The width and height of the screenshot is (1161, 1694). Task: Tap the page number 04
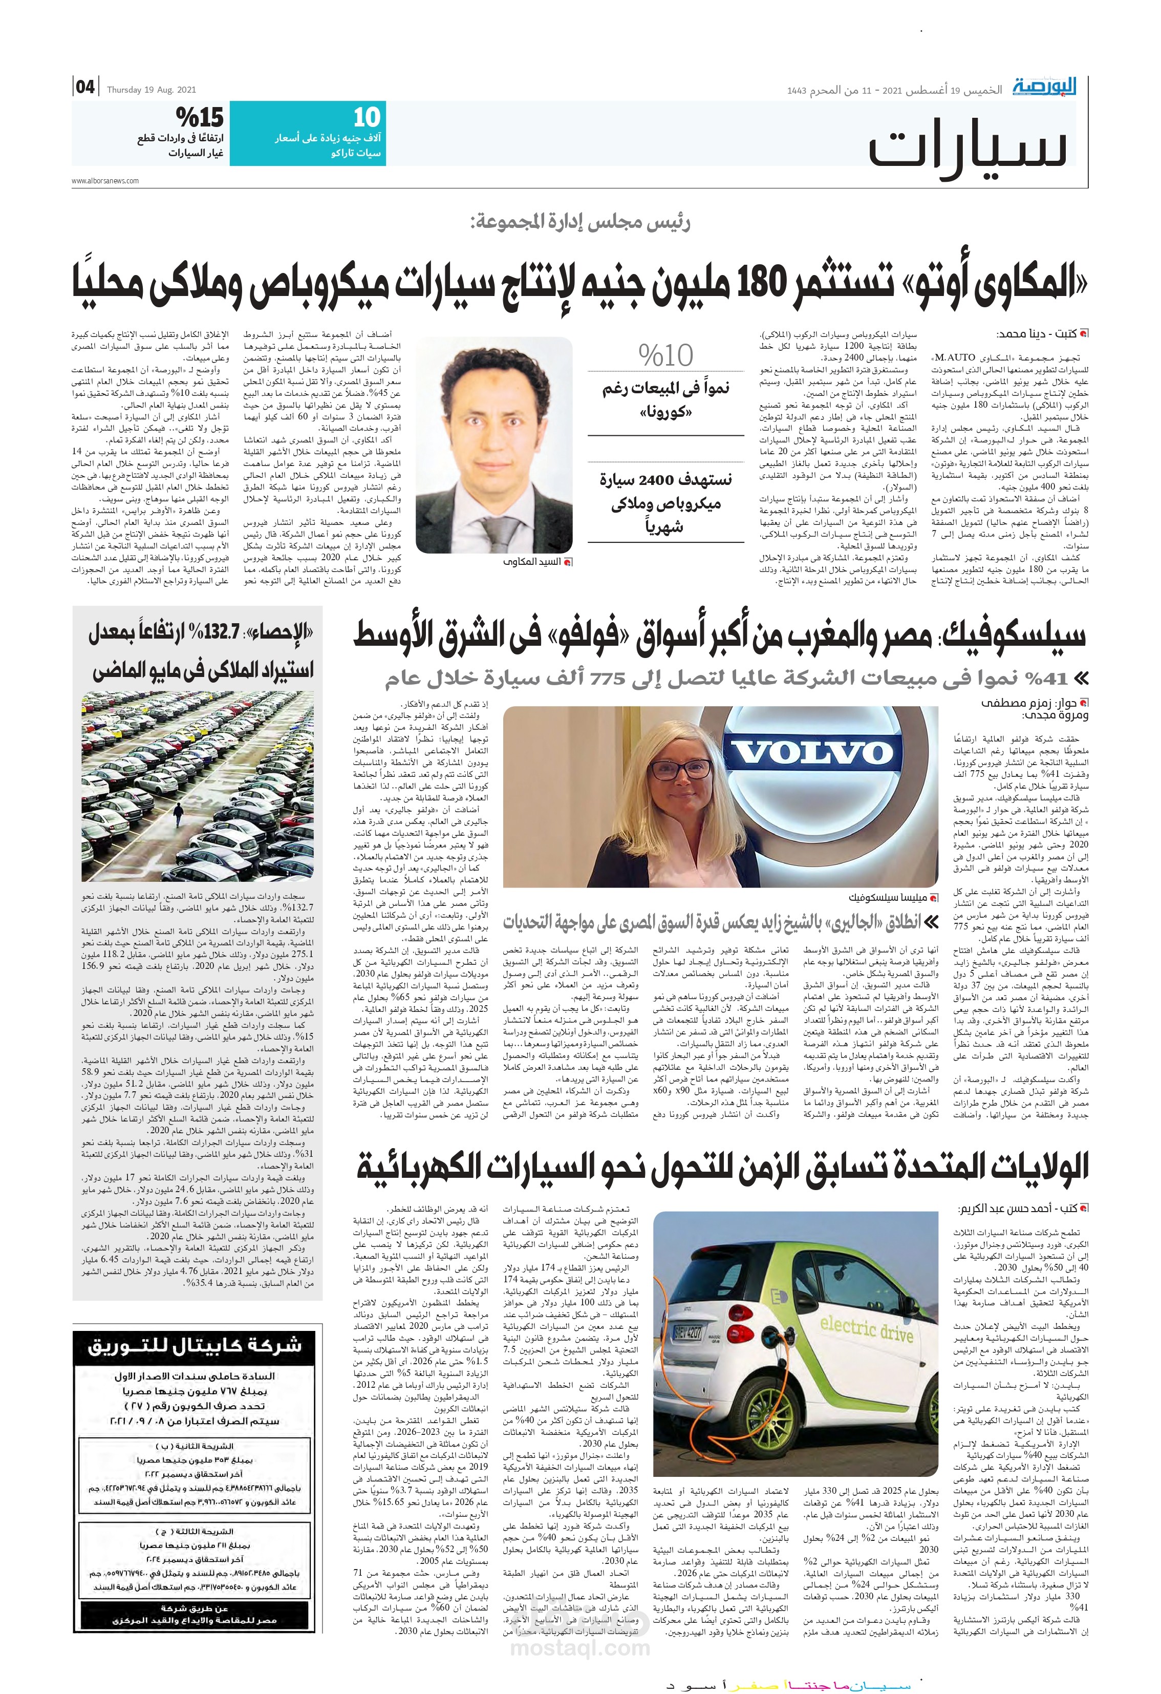85,88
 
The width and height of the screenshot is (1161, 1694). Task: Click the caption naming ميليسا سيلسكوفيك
888,898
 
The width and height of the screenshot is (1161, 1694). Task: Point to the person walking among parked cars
177,814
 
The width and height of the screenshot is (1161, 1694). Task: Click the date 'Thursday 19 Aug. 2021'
152,90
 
